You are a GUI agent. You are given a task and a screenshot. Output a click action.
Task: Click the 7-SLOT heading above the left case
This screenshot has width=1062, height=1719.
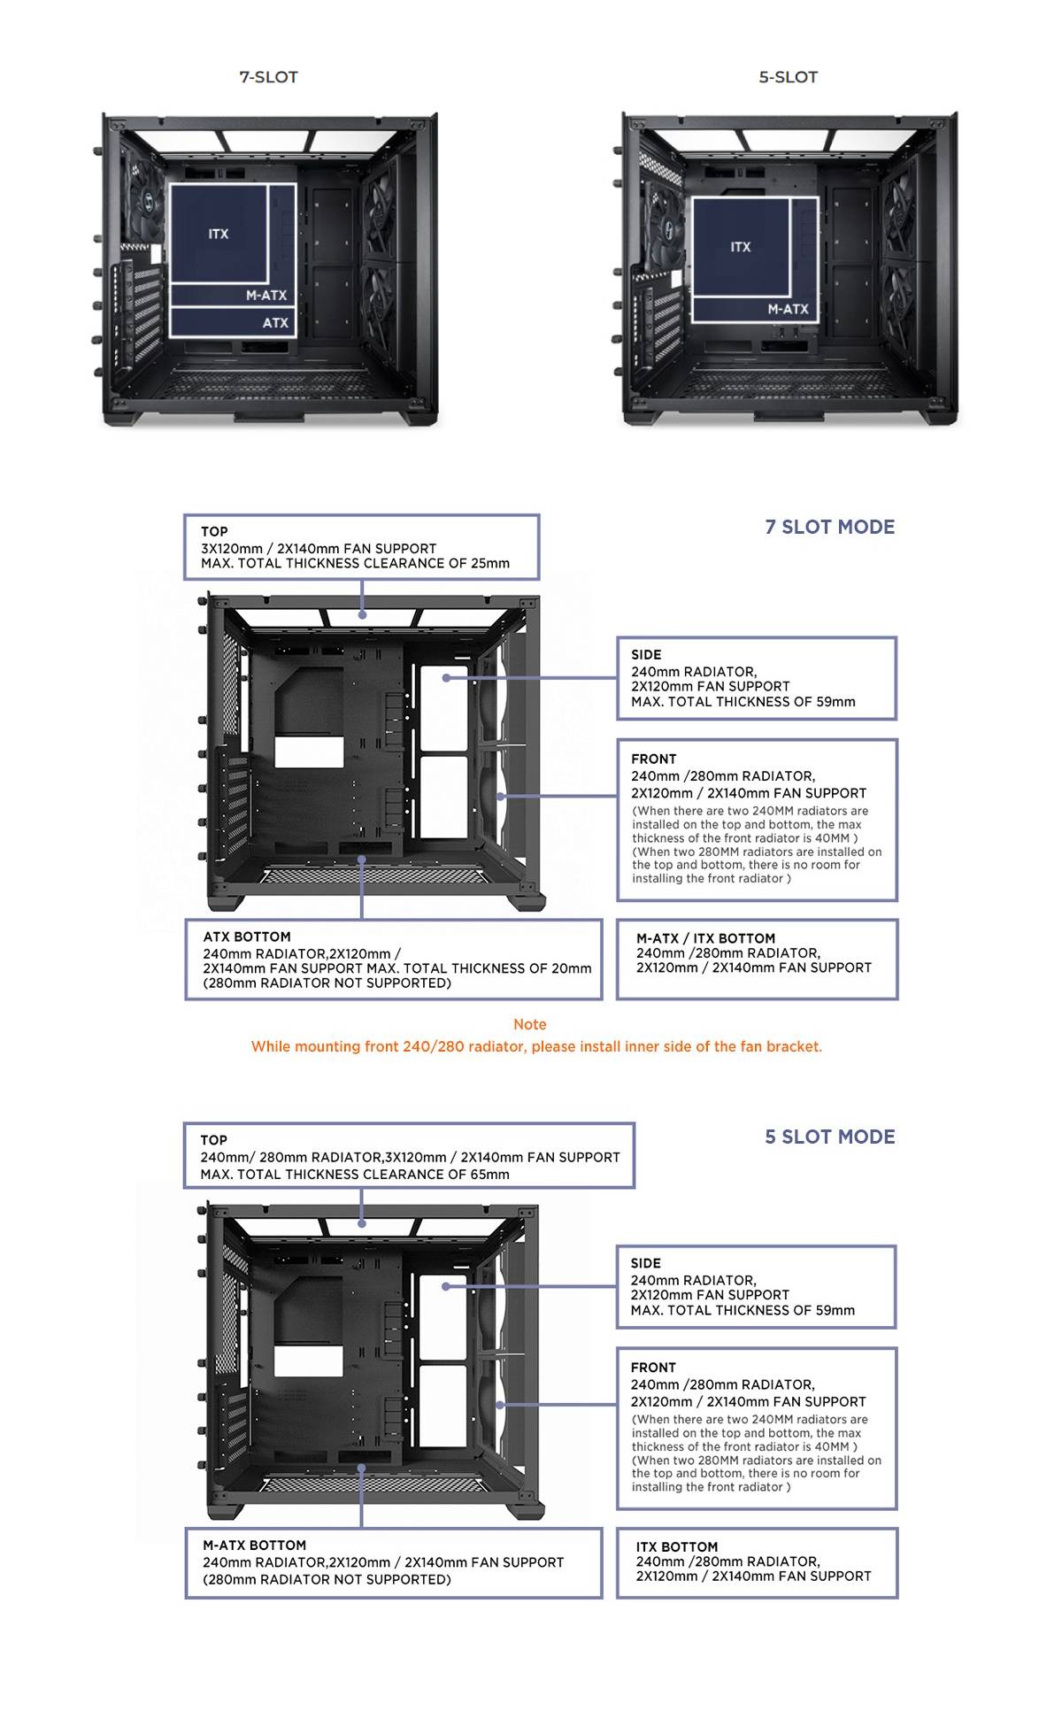[268, 77]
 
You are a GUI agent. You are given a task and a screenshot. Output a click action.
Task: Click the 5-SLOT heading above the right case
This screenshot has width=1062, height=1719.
[788, 77]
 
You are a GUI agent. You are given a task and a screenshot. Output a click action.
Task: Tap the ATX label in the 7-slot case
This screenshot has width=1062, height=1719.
[275, 323]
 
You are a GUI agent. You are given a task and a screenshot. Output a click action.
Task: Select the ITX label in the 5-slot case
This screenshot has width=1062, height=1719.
[741, 247]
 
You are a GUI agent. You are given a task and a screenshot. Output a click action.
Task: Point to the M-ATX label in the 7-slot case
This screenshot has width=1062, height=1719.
[266, 296]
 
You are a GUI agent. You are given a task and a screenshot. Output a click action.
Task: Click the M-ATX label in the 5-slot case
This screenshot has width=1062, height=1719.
[788, 309]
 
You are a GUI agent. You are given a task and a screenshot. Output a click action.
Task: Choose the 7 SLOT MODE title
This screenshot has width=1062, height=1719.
[830, 527]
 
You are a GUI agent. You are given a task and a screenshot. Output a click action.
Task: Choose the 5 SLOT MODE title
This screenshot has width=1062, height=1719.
[830, 1137]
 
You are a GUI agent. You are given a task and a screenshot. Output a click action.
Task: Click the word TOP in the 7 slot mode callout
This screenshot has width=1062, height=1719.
[214, 532]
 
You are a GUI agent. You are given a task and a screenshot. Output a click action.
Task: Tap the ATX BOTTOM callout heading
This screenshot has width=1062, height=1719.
[247, 937]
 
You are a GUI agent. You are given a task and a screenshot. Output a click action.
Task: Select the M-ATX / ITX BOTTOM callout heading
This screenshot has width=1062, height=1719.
[705, 938]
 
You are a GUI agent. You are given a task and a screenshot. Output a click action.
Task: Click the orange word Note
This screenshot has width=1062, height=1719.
[530, 1024]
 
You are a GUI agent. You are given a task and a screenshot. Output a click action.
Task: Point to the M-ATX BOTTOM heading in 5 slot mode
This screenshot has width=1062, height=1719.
[254, 1546]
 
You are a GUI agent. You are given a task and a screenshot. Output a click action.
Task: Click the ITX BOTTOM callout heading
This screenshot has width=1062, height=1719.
[677, 1547]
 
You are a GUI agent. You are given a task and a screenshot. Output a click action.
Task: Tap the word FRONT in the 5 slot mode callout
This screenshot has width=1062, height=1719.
[653, 1368]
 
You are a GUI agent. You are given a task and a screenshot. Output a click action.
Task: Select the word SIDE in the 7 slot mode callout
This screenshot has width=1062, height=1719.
[646, 655]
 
